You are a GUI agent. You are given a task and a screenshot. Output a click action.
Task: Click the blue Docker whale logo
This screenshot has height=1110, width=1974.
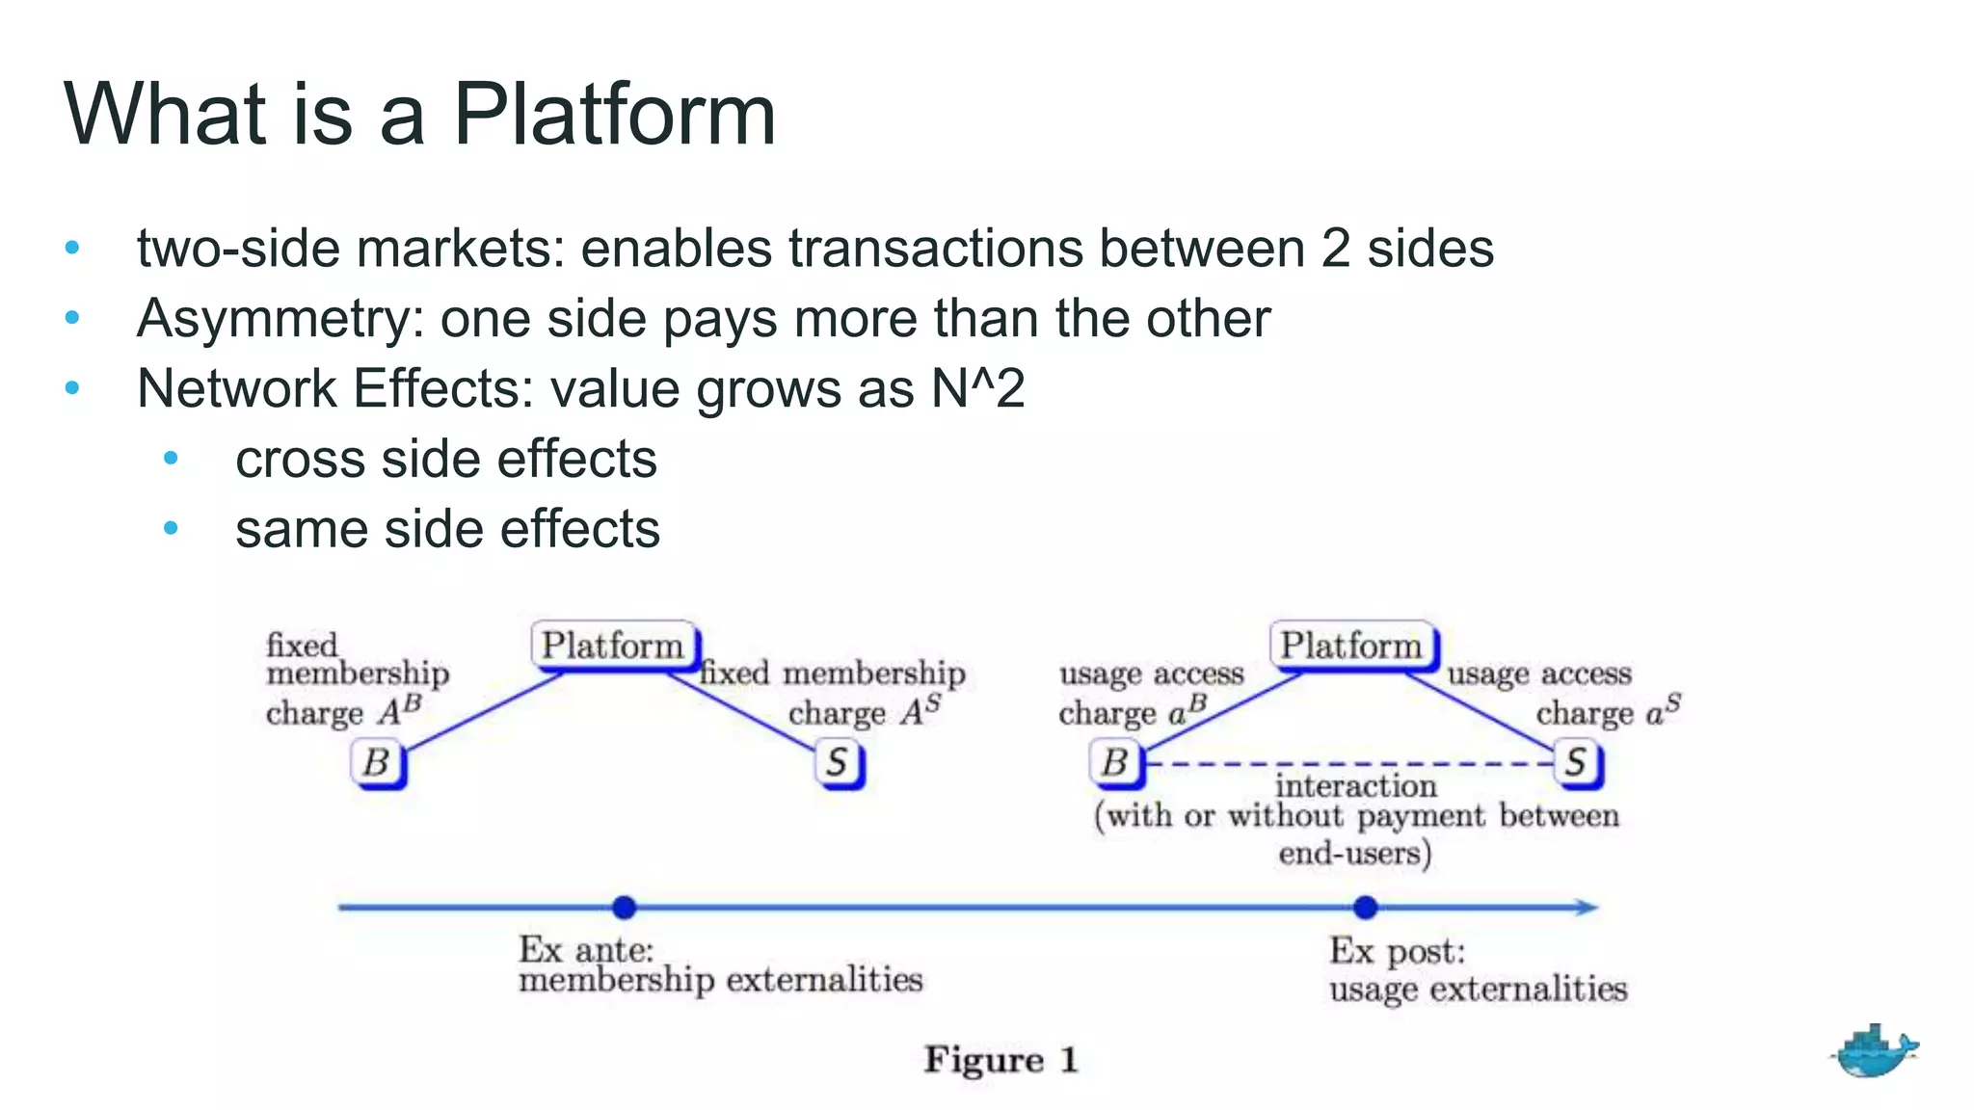(1874, 1052)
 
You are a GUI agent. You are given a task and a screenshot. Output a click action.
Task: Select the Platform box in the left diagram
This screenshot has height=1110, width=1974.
(614, 646)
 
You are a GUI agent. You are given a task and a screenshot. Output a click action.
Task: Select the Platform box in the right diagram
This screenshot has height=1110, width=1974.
(1352, 646)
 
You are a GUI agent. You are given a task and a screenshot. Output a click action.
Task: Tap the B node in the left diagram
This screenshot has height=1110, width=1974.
(377, 763)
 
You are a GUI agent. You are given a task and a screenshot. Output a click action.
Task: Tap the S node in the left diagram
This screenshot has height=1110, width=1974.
(839, 763)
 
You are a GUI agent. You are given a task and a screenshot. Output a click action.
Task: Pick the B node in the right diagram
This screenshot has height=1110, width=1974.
(1116, 763)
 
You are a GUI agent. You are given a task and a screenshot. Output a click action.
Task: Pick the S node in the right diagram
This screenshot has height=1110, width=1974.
(1577, 763)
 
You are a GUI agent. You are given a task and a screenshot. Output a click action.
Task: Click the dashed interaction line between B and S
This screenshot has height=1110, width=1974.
(1349, 764)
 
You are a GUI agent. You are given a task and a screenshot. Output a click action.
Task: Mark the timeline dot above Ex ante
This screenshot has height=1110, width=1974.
(625, 907)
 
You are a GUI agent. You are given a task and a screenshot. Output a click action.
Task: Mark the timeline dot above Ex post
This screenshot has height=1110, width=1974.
(1365, 907)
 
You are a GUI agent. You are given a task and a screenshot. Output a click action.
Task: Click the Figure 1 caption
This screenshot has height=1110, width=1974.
(1000, 1060)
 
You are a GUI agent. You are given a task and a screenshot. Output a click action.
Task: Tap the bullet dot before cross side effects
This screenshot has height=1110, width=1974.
(171, 459)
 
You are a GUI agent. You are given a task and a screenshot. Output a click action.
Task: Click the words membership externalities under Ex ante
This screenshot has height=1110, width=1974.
(720, 981)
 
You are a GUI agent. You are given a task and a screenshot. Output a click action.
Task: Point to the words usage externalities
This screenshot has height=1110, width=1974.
(1478, 990)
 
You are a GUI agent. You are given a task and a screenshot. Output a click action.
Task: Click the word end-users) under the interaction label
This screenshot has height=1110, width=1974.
(1354, 854)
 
